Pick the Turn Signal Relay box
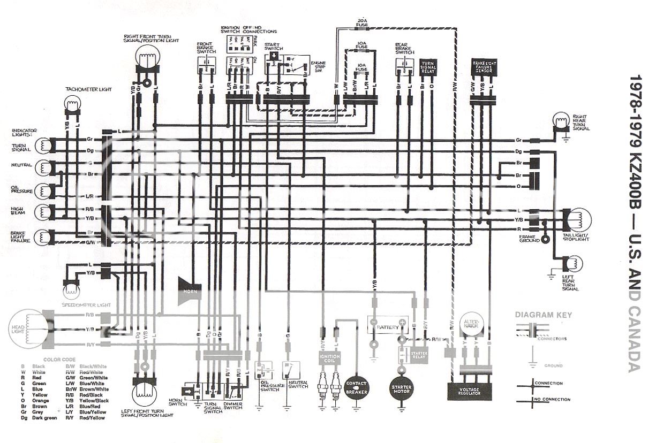pyautogui.click(x=428, y=67)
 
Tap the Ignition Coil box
pyautogui.click(x=329, y=358)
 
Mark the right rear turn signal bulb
pyautogui.click(x=561, y=122)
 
